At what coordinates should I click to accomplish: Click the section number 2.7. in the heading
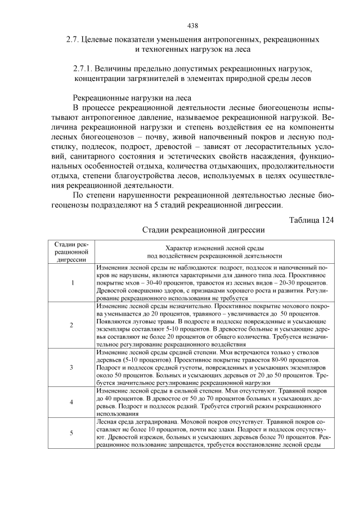coord(74,40)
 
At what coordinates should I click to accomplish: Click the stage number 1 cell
coord(71,282)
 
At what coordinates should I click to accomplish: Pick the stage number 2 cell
coord(71,325)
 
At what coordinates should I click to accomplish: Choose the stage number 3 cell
coord(71,367)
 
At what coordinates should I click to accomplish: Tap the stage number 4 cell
coord(71,402)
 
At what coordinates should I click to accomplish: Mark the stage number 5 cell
coord(71,433)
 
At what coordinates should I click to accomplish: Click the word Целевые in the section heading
coord(98,40)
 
